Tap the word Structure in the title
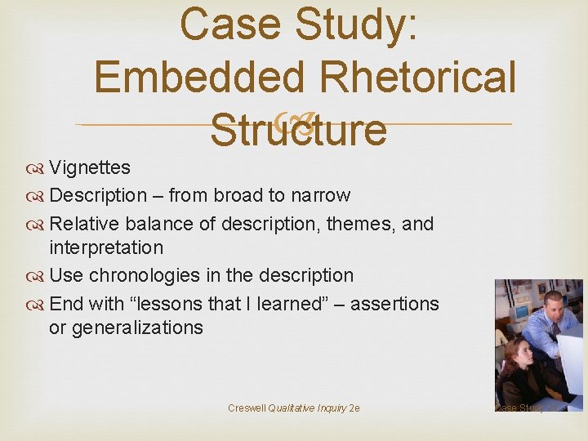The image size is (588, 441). [297, 130]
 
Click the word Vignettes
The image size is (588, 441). [90, 167]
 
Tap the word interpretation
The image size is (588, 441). [106, 247]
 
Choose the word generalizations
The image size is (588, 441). [137, 327]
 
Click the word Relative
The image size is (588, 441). [86, 223]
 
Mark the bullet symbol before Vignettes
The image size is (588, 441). [39, 168]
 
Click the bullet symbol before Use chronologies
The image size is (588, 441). [39, 276]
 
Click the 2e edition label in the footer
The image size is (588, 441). [354, 408]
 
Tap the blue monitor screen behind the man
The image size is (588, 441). [520, 313]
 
